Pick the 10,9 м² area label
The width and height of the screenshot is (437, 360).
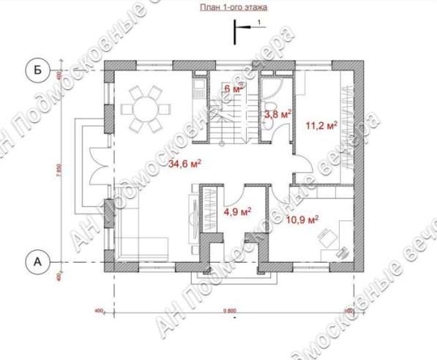coord(302,219)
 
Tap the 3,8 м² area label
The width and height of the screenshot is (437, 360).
coord(277,113)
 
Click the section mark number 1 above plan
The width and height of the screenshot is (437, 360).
coord(258,25)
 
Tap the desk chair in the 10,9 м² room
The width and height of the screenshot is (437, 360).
coord(326,238)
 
